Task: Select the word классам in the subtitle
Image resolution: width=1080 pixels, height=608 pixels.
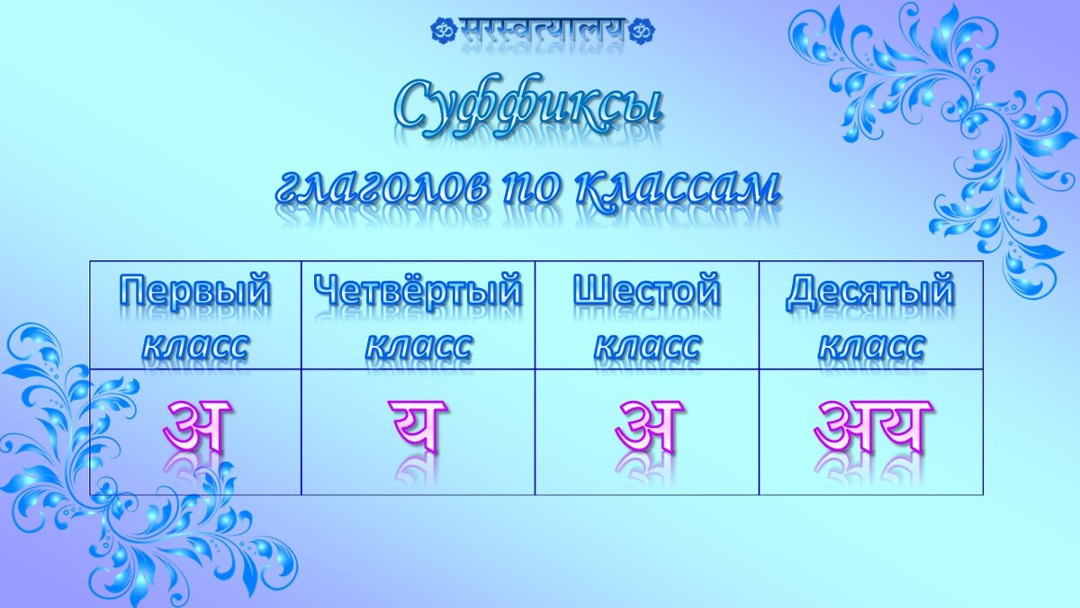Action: pyautogui.click(x=676, y=186)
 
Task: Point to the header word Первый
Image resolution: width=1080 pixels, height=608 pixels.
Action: pyautogui.click(x=195, y=292)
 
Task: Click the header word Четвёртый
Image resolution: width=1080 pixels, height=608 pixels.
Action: pyautogui.click(x=418, y=292)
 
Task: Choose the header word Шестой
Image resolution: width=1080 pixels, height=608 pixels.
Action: pyautogui.click(x=646, y=292)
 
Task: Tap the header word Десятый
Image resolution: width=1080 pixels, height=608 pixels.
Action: pyautogui.click(x=869, y=292)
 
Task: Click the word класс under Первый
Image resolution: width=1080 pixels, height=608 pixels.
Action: pyautogui.click(x=195, y=345)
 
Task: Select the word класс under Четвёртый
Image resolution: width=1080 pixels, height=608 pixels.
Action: pyautogui.click(x=418, y=345)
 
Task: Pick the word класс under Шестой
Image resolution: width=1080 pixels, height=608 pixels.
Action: pyautogui.click(x=646, y=345)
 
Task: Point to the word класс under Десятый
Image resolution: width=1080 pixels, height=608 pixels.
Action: pyautogui.click(x=870, y=345)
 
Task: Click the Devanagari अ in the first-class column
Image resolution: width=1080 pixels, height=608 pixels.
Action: pyautogui.click(x=197, y=425)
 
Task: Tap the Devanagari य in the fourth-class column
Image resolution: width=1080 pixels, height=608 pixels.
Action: pyautogui.click(x=418, y=425)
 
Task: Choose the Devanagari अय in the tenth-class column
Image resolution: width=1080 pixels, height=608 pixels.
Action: pyautogui.click(x=871, y=425)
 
